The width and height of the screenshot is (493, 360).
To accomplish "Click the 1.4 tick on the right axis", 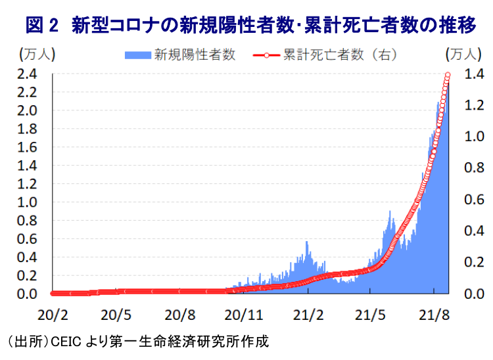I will coord(473,74).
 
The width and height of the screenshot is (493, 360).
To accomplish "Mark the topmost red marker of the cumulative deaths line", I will coord(448,75).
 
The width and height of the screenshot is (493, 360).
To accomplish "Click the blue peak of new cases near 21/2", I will coord(306,242).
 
